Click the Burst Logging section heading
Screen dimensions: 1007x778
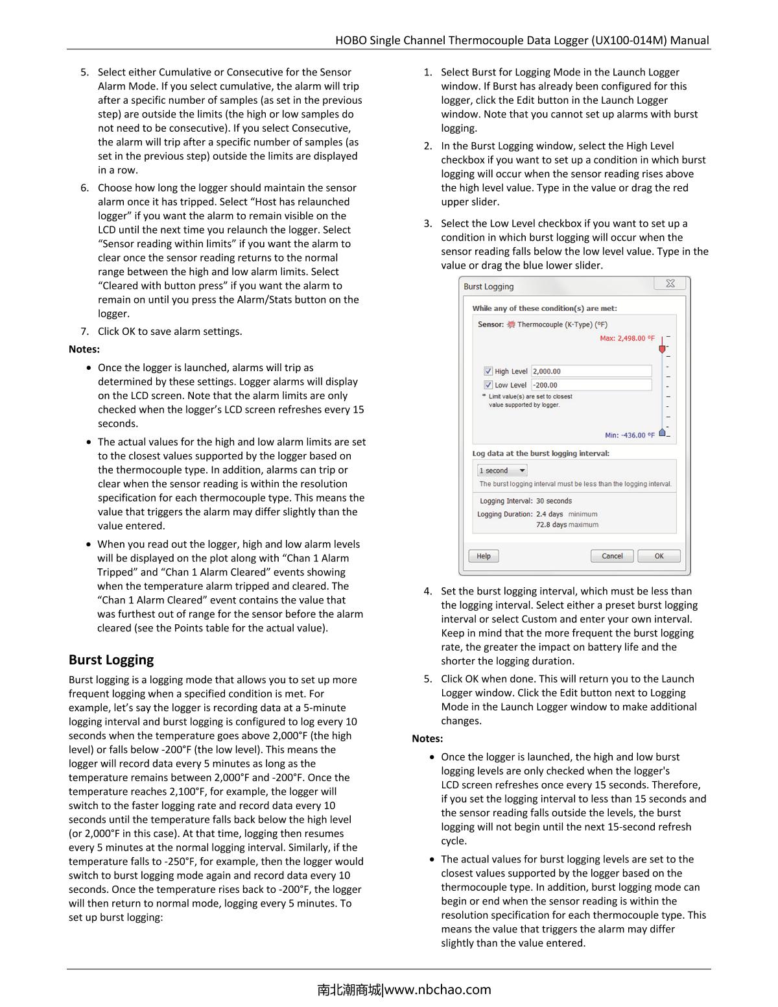click(111, 660)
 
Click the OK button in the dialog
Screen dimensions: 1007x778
click(659, 556)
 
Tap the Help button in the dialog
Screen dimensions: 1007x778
click(484, 556)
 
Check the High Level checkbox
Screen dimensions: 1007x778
click(488, 371)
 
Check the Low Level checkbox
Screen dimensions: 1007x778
click(488, 385)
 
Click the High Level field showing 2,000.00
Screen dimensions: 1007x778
click(591, 371)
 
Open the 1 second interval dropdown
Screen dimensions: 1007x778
click(502, 470)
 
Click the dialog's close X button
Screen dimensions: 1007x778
click(670, 284)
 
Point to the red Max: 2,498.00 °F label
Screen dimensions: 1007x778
click(627, 338)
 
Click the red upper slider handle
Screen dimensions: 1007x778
click(662, 348)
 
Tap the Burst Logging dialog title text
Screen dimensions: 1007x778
click(489, 287)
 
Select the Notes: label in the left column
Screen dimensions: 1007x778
click(84, 349)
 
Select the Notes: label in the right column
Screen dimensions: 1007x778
click(427, 738)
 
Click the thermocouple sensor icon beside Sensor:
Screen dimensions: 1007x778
click(511, 324)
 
